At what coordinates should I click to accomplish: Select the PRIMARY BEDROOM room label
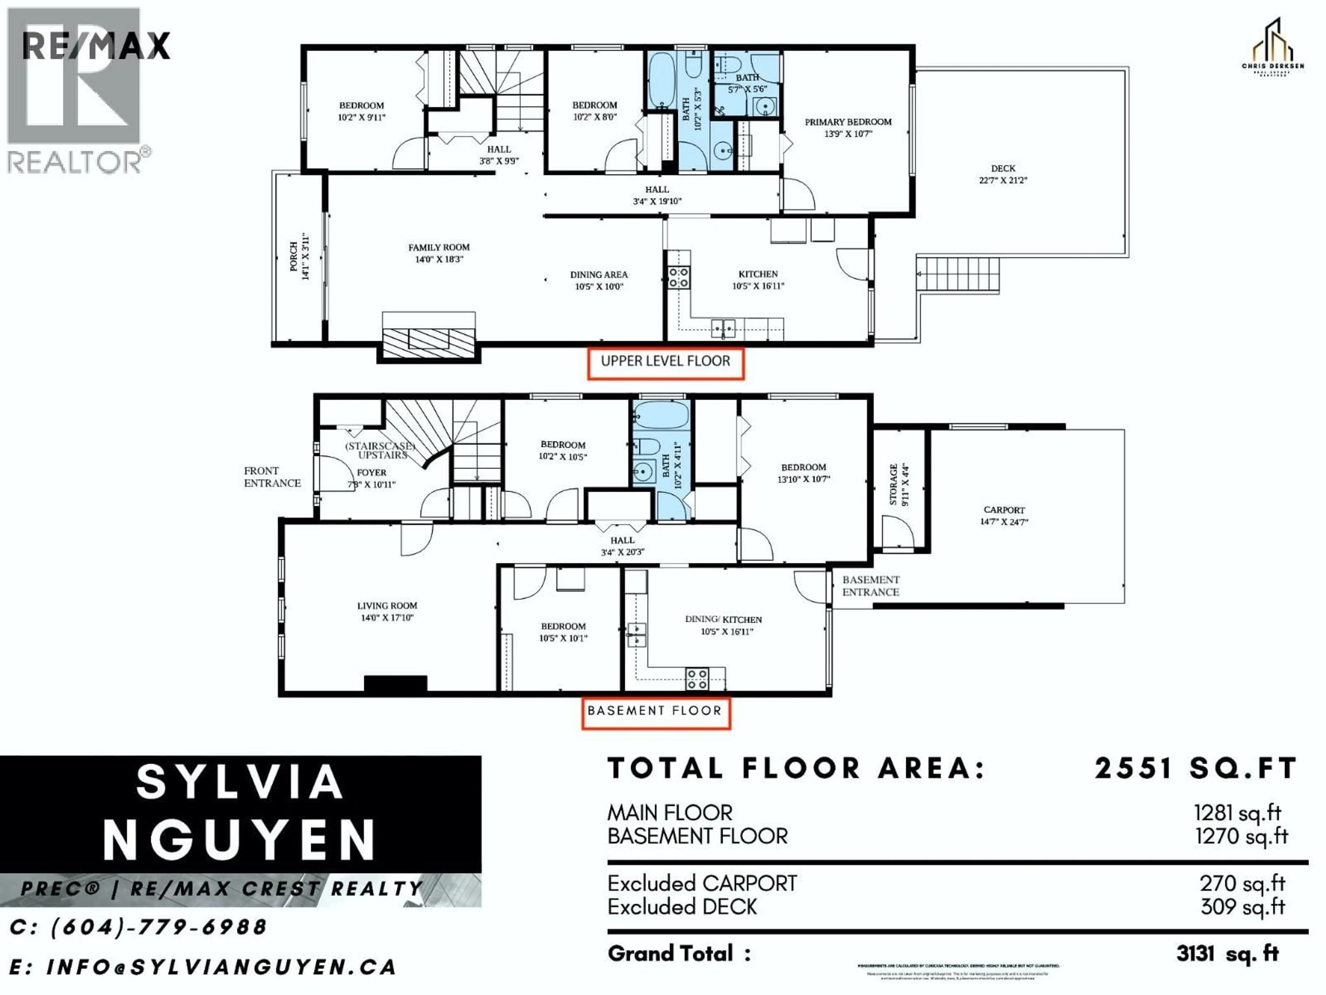point(848,122)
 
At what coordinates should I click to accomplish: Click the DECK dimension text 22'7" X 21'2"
point(1003,180)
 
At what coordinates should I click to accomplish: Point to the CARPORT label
point(1004,510)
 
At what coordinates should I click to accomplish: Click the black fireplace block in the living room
point(396,684)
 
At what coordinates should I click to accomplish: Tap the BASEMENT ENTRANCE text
point(871,586)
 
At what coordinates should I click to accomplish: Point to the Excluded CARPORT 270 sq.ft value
point(1242,883)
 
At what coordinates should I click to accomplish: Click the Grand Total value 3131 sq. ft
point(1227,954)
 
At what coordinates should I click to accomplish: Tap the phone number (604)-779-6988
point(159,927)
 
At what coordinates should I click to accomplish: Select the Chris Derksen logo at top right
point(1272,48)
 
